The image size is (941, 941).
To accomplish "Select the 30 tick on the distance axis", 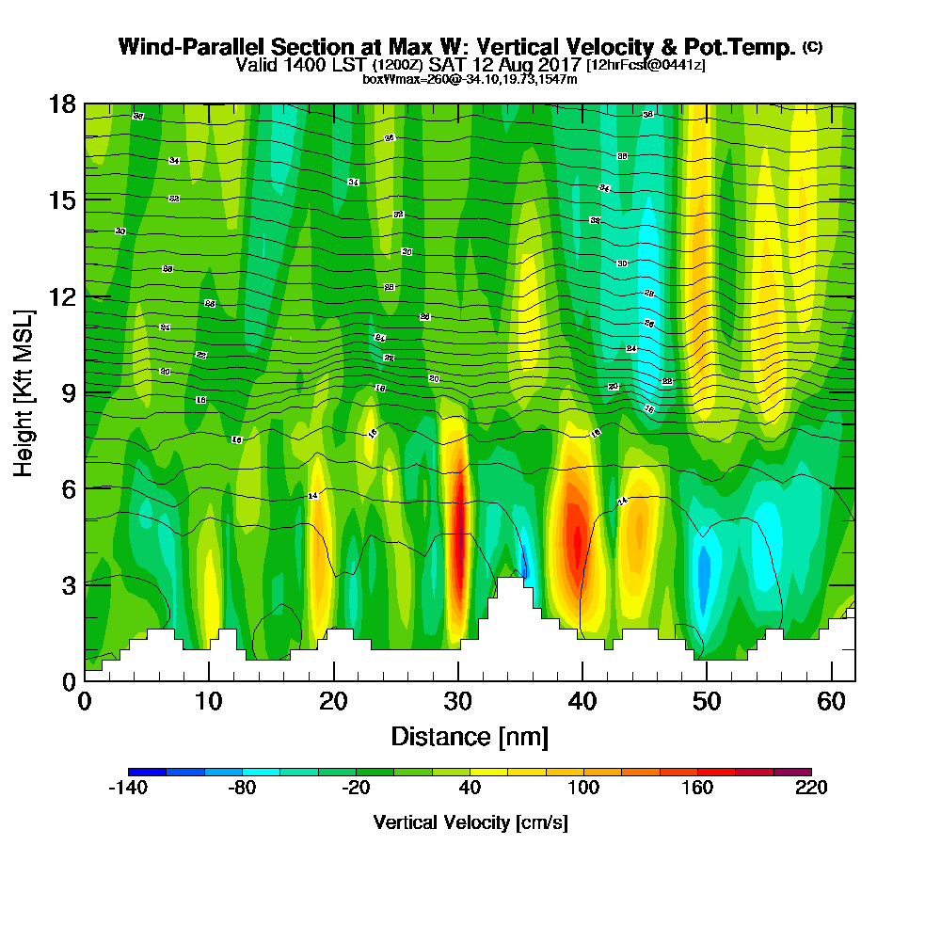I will [457, 702].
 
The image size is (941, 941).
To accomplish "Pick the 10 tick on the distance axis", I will [209, 702].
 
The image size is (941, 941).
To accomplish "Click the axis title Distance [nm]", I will [470, 735].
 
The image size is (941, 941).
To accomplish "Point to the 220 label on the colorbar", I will [810, 788].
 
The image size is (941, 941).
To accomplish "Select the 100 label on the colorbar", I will [583, 788].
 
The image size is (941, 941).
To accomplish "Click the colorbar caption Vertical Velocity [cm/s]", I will [470, 822].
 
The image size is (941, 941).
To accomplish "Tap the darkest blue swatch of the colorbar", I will [147, 772].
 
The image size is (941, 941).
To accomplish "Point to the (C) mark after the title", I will [812, 46].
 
